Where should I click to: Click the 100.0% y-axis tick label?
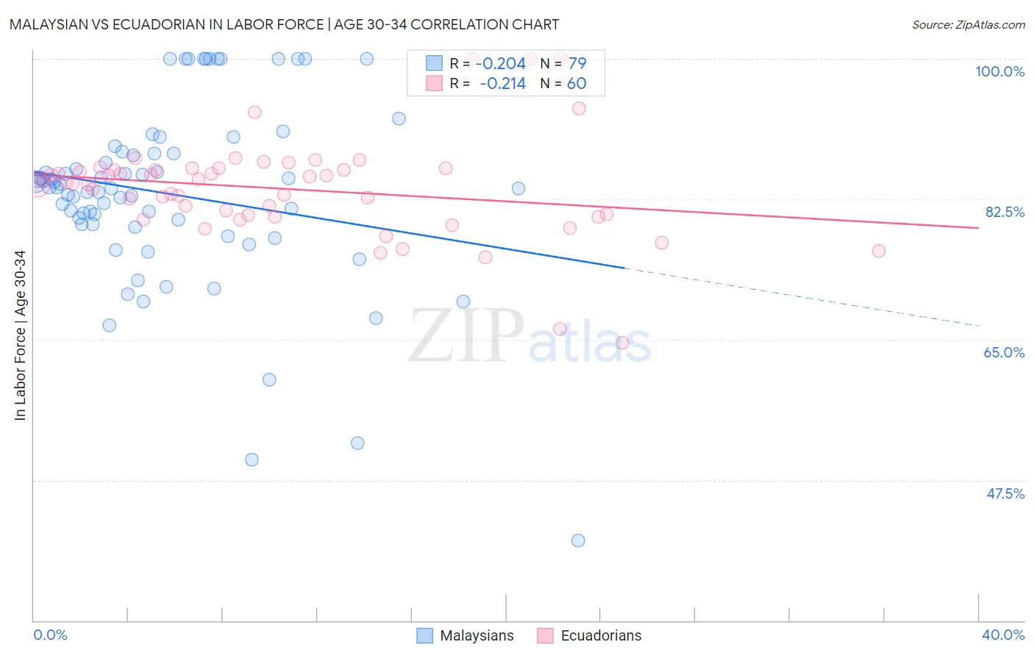coord(999,71)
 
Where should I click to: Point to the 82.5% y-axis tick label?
coord(1005,212)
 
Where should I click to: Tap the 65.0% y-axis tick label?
coord(1004,352)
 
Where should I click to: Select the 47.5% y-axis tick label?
coord(1005,493)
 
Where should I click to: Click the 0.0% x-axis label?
coord(50,635)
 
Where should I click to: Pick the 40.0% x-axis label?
coord(1002,635)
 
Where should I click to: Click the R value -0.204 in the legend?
coord(500,63)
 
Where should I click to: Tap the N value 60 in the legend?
coord(577,83)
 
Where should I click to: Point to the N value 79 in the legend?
coord(577,63)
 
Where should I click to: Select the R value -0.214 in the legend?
coord(502,83)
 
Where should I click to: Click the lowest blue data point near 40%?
coord(578,541)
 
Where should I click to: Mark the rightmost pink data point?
coord(878,251)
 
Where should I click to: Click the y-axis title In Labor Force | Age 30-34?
coord(21,335)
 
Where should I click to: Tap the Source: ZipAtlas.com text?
coord(968,25)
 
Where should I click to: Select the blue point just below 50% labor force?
coord(252,460)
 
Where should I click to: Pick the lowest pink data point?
coord(621,343)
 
